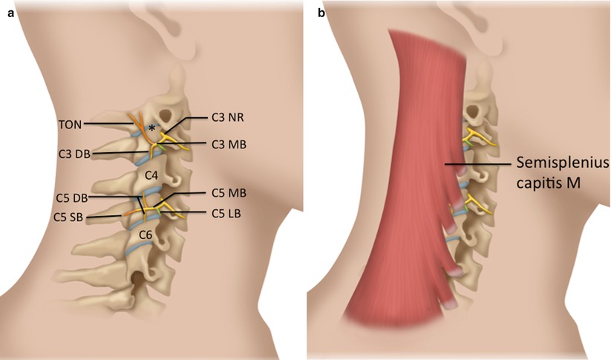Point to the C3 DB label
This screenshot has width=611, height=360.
[76, 152]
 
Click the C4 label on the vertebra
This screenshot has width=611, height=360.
[151, 175]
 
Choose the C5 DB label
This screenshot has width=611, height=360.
[71, 198]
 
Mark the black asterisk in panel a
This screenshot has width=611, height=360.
[152, 129]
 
